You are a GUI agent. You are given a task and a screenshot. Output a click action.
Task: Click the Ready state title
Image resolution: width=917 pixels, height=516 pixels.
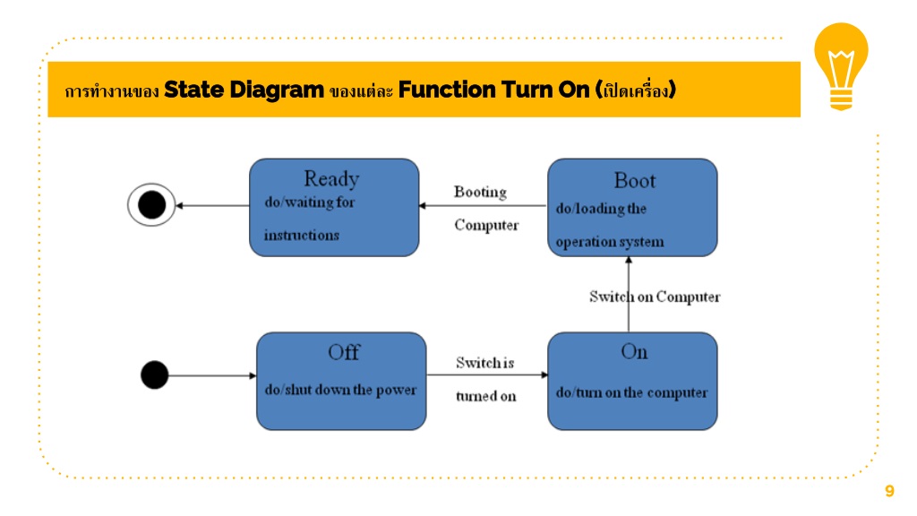click(x=331, y=178)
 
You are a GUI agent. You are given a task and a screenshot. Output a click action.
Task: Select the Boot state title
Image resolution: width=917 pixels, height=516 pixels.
click(x=635, y=181)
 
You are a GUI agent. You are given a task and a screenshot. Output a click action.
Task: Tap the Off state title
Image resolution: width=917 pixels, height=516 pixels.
click(x=344, y=352)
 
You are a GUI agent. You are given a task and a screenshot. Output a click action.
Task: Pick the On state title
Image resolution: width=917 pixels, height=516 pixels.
click(x=634, y=351)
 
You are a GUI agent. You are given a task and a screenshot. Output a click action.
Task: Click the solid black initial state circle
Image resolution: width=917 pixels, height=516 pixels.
click(x=154, y=375)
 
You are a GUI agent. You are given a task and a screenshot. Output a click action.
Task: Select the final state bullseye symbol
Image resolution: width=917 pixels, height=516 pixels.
click(x=151, y=205)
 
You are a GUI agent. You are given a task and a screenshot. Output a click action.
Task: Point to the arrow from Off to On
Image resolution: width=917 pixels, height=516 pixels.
click(x=487, y=375)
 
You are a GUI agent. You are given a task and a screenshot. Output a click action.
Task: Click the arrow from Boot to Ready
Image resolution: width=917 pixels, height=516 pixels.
click(x=483, y=205)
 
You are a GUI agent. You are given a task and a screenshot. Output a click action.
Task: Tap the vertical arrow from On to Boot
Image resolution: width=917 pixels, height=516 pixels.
click(x=629, y=294)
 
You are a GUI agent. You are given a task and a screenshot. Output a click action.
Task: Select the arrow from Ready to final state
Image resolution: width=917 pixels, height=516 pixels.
click(x=213, y=205)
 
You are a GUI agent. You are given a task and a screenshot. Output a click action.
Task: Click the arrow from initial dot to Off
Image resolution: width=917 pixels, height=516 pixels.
click(x=212, y=375)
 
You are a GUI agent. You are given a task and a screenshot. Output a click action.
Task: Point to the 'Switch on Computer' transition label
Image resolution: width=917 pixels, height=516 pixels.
click(x=655, y=297)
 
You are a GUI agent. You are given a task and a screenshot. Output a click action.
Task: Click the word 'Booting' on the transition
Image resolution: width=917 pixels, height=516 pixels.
click(x=480, y=192)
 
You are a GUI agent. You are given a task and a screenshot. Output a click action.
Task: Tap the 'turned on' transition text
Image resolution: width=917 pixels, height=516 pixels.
click(x=486, y=396)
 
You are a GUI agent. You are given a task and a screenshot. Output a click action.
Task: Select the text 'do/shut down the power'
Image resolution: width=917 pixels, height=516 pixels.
click(x=340, y=390)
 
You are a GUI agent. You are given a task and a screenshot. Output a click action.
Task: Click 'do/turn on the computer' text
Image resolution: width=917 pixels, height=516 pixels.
click(x=631, y=392)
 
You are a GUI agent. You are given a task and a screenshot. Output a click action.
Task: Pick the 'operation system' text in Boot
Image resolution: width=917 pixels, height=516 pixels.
click(x=610, y=242)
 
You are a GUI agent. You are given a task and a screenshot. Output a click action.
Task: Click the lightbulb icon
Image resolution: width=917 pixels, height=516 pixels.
click(x=841, y=66)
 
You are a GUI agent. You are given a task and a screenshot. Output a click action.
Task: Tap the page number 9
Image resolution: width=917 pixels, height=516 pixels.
click(x=889, y=490)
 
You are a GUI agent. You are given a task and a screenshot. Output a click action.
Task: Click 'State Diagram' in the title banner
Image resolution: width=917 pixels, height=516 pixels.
click(x=244, y=90)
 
